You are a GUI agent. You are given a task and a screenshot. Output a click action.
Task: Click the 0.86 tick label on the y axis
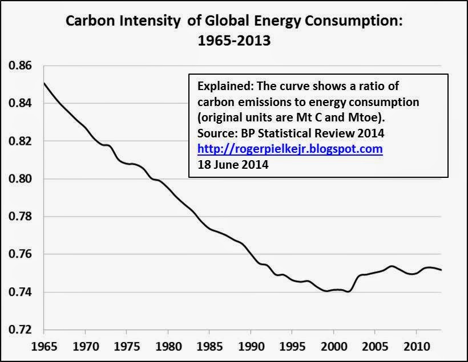[20, 66]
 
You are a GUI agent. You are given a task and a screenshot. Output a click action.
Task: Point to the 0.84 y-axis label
[20, 103]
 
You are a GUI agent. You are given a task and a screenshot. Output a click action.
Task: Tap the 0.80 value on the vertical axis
[20, 178]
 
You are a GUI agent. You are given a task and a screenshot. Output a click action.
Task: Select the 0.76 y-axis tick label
[20, 254]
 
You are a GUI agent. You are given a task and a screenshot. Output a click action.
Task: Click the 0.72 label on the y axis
[20, 330]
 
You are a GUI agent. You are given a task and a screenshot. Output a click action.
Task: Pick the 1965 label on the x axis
[44, 347]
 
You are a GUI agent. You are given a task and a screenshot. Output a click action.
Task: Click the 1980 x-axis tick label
[168, 347]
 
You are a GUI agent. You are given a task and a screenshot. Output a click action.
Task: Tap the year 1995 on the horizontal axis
[292, 347]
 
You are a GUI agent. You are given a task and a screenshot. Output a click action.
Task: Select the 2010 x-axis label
[417, 347]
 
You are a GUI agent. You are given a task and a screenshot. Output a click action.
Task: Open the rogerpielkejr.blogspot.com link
[290, 149]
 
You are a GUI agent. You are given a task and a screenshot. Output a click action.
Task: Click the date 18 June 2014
[233, 165]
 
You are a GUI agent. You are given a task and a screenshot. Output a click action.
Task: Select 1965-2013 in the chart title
[235, 40]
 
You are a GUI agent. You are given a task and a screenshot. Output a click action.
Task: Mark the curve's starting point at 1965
[44, 83]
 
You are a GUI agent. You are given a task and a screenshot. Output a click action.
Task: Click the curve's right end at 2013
[441, 270]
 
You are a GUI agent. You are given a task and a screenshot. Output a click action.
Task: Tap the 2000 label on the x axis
[334, 347]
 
